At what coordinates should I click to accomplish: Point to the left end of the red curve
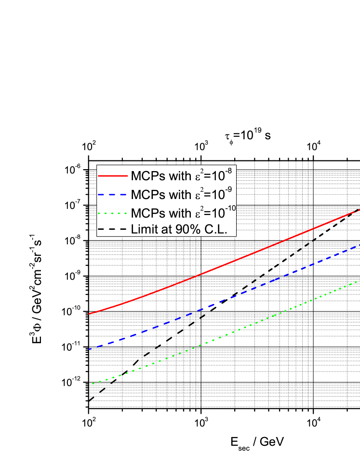[x=90, y=314]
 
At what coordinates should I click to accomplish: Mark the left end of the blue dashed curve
[x=90, y=349]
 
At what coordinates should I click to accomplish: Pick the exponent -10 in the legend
[x=232, y=208]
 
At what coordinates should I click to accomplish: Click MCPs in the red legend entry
[x=147, y=176]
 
